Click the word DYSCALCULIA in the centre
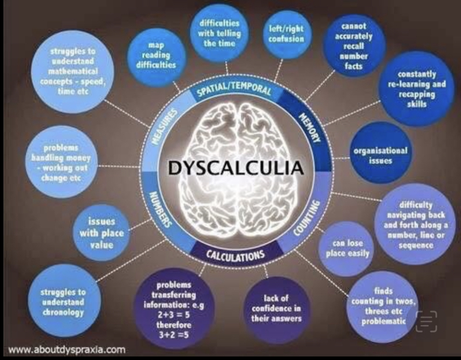point(236,168)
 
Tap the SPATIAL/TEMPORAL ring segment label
point(234,88)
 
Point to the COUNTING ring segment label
point(307,218)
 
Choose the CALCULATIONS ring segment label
point(235,255)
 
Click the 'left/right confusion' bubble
point(286,34)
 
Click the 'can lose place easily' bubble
point(347,249)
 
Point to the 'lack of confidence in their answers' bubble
point(276,308)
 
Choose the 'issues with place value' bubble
point(101,233)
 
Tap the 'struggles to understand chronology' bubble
point(62,302)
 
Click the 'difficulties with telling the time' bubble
point(219,33)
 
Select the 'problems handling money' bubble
point(61,163)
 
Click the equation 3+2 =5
point(173,335)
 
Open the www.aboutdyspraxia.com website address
point(67,350)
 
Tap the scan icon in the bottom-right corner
point(426,322)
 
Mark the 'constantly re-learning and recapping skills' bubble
point(416,89)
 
